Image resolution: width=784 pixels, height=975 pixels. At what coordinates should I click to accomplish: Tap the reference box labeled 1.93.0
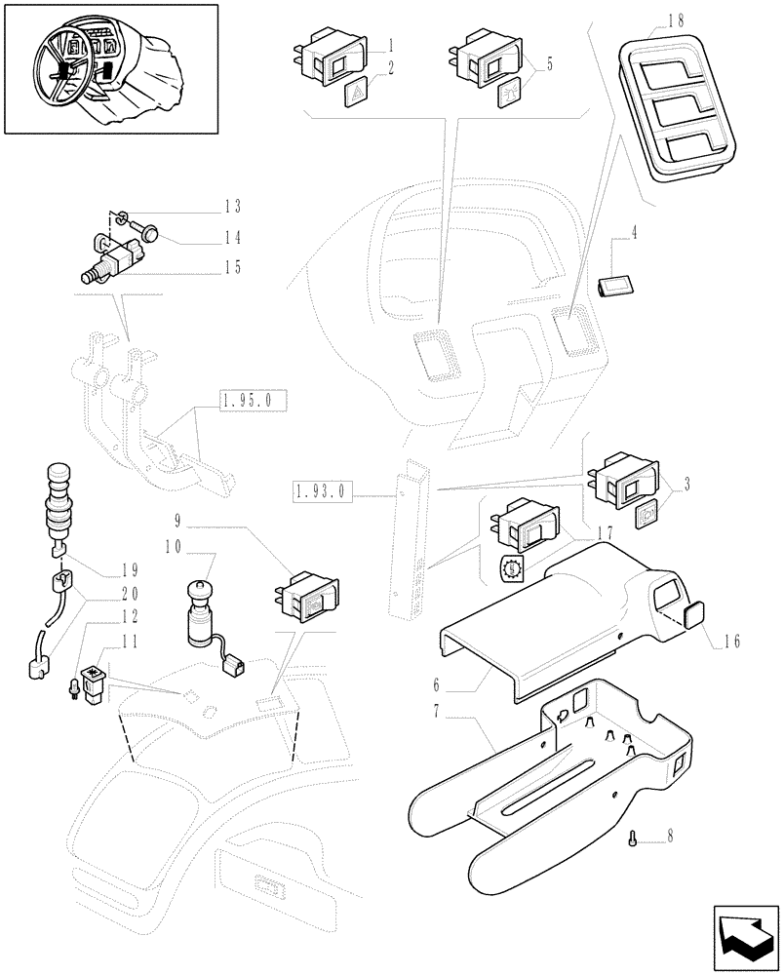321,495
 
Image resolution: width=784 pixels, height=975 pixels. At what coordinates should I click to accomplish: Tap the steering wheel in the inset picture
67,69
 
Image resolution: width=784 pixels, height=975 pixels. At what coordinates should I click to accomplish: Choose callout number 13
232,206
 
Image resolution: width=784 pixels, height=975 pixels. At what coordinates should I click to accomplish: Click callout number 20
130,593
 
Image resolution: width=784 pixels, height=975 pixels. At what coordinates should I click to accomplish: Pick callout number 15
232,267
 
